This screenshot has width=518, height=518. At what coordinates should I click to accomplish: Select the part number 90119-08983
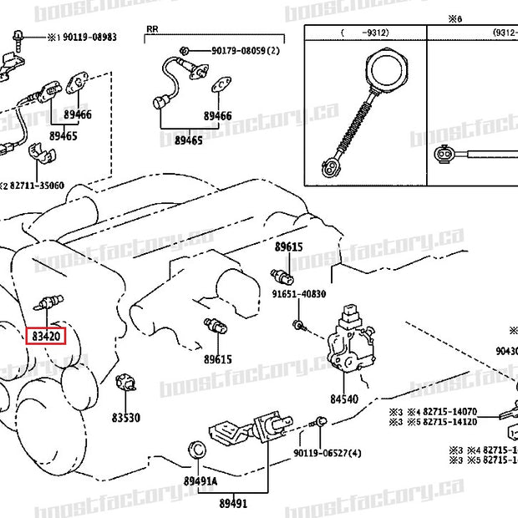(81, 38)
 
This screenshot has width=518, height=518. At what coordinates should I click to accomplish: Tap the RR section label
(152, 29)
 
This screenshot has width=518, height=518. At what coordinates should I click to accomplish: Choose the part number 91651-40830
(297, 295)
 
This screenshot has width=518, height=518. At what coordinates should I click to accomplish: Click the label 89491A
(200, 481)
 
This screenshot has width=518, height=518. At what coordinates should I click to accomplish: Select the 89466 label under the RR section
(217, 115)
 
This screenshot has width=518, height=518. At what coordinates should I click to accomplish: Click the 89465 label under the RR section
(188, 140)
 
